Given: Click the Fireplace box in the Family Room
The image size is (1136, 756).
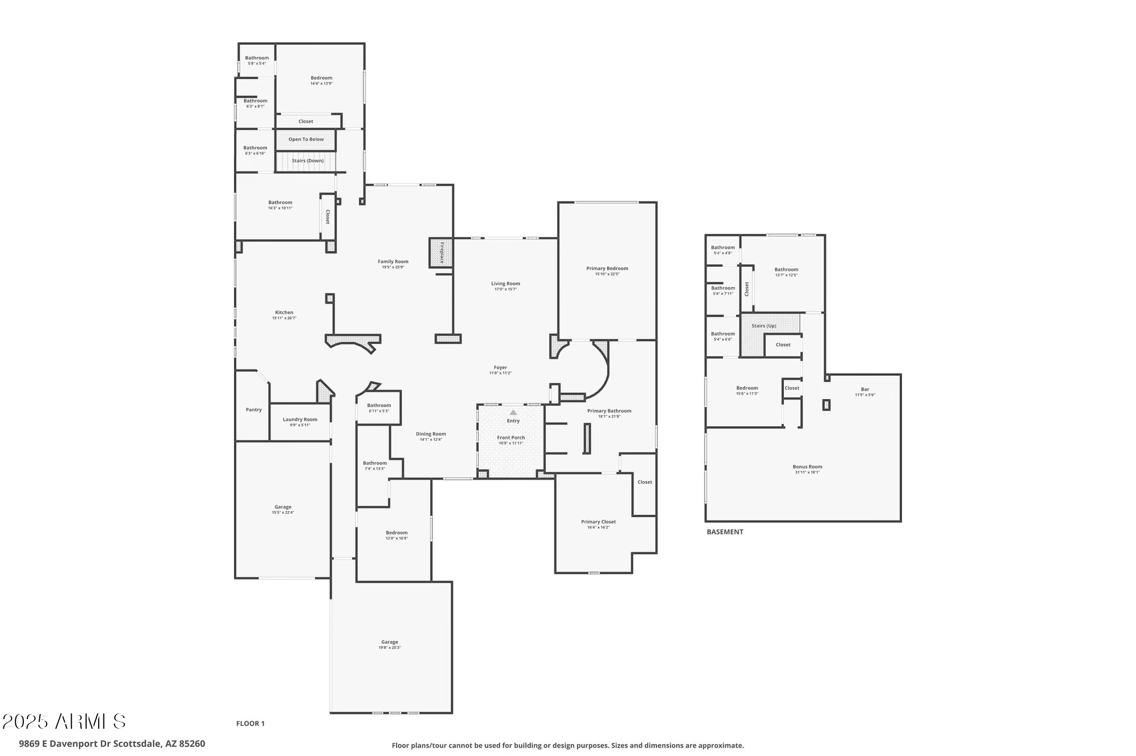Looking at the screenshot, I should point(441,253).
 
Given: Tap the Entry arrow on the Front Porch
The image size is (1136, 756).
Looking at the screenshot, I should point(513,413).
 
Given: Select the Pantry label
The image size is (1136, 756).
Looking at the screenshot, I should point(254,410).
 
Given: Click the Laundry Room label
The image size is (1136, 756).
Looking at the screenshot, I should point(300,419).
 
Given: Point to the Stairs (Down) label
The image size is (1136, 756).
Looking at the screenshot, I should point(307,161).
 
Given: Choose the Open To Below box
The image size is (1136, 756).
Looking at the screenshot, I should point(306,140).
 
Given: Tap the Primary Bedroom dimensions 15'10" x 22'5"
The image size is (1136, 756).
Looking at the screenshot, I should point(607,274).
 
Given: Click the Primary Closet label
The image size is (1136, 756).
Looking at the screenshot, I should point(598,522).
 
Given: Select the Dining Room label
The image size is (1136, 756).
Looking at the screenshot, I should point(431,434).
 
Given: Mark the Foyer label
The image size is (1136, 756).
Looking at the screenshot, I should point(500,367).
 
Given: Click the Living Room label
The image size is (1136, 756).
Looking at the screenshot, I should point(506,283).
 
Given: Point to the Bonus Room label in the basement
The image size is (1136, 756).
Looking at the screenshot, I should point(807,467).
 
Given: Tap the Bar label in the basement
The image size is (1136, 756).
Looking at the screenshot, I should point(864,389).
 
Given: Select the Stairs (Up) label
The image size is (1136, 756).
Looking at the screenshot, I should point(763,326).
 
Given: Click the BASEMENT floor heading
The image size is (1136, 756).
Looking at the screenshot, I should point(725,532).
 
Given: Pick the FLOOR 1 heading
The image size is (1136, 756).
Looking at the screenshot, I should point(250,723).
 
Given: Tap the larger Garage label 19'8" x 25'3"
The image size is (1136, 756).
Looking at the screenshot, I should point(390,642).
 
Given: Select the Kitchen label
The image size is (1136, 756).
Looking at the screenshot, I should point(284,312).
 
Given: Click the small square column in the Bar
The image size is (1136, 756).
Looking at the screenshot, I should point(826,405).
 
